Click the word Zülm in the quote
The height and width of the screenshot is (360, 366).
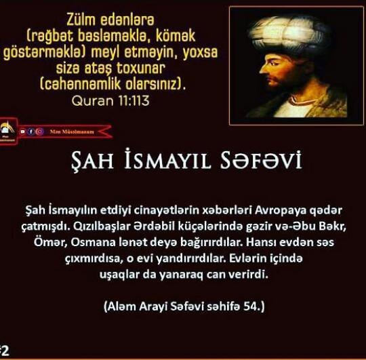(81, 20)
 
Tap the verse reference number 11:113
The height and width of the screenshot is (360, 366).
(134, 100)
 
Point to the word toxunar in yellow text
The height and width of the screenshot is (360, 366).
(141, 68)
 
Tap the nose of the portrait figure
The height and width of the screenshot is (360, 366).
(263, 69)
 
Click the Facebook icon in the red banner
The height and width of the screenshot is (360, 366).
(31, 132)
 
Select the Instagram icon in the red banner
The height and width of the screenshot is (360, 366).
(40, 132)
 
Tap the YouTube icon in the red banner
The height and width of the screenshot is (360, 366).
(22, 132)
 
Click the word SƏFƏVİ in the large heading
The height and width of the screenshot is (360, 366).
(261, 160)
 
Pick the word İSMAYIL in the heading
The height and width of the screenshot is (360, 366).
(167, 159)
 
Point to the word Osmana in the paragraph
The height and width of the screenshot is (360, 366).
(93, 242)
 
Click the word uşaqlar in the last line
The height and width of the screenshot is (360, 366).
(119, 275)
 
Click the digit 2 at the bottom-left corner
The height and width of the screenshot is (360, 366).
(5, 351)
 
